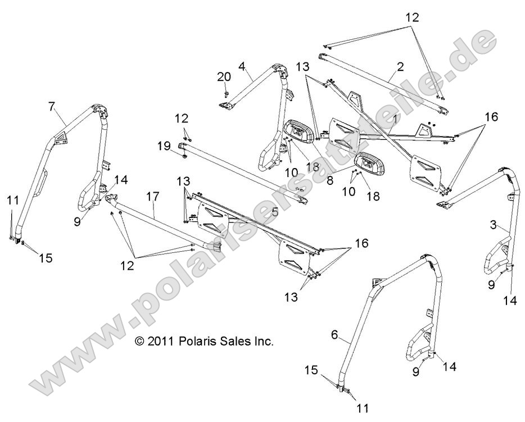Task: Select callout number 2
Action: click(400, 67)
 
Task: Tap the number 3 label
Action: click(492, 225)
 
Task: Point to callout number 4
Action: click(242, 66)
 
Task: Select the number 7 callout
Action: click(51, 106)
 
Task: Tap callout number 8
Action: click(329, 181)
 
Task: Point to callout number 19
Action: click(164, 146)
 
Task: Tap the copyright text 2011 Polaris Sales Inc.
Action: click(203, 341)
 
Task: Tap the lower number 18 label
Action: click(373, 196)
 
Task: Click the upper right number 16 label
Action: click(492, 117)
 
